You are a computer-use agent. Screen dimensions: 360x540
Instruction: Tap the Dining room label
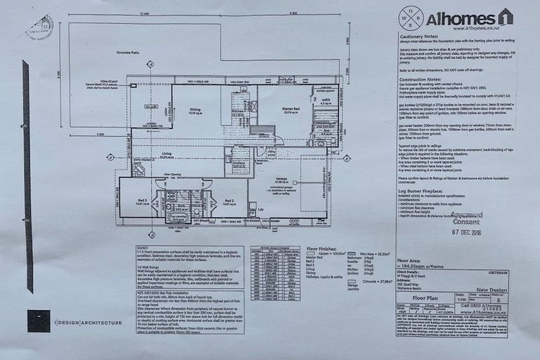click(x=195, y=109)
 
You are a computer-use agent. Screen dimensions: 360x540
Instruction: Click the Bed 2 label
click(x=229, y=201)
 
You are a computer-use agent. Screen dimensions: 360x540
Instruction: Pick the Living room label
click(x=167, y=153)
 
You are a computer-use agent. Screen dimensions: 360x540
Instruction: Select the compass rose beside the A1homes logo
click(x=411, y=18)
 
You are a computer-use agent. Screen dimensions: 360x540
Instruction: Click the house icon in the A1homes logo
click(x=505, y=17)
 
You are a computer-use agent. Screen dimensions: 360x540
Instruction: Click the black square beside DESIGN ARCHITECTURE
click(x=39, y=320)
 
